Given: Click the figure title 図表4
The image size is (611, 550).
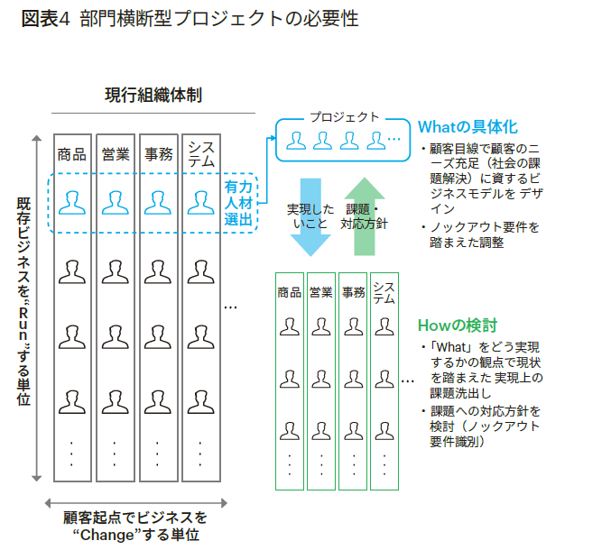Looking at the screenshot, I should [x=42, y=19].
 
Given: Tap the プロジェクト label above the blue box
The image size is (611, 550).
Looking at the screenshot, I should [x=344, y=117].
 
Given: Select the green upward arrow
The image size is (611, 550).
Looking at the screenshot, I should [x=364, y=215].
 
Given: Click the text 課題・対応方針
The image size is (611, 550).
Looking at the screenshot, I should [x=364, y=216].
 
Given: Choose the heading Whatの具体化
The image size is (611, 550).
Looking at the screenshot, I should [x=467, y=127].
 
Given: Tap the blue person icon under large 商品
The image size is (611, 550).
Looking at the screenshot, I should [x=71, y=203].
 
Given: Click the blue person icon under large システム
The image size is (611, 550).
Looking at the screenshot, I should [x=201, y=203].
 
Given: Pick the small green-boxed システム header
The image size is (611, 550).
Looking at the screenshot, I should [x=384, y=292].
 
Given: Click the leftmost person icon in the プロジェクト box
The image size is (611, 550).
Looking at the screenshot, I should [x=295, y=140].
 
